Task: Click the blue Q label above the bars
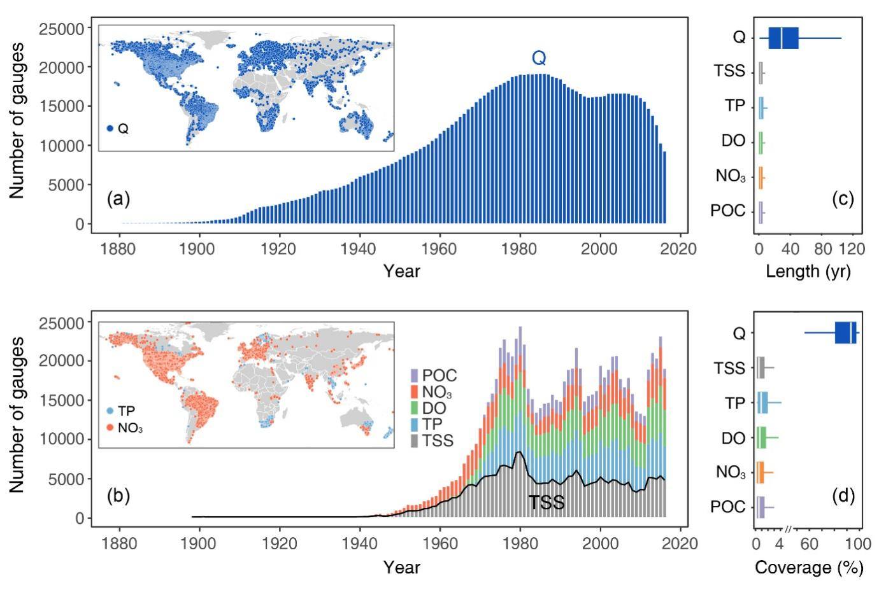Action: click(539, 59)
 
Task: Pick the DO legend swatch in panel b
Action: click(415, 408)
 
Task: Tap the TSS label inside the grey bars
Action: click(547, 503)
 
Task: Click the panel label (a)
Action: click(119, 199)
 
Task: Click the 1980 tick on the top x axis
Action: click(519, 249)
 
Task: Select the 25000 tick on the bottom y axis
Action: click(62, 323)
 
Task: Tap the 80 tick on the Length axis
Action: click(823, 249)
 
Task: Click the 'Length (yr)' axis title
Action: click(808, 271)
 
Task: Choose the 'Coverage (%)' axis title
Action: click(809, 567)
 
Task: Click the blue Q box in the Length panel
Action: click(783, 38)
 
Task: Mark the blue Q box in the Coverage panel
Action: click(845, 333)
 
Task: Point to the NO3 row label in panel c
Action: click(730, 176)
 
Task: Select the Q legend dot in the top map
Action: click(110, 129)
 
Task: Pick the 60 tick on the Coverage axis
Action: click(809, 544)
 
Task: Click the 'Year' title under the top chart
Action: click(401, 271)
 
